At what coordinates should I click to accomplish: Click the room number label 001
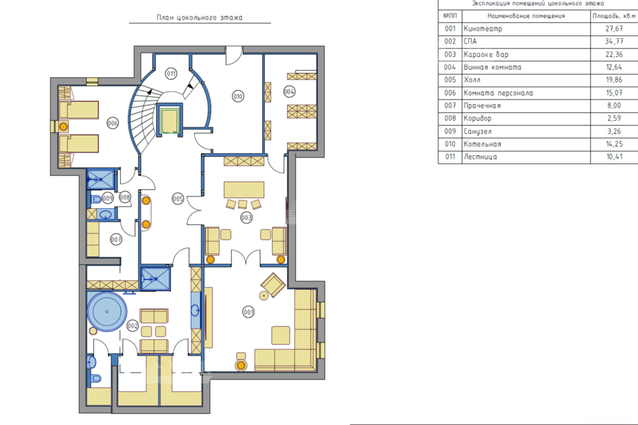248,312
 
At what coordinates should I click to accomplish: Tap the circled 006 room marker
112,123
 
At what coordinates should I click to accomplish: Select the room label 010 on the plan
237,96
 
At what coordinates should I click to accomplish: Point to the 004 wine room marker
289,92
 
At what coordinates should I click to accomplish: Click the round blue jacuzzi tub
107,311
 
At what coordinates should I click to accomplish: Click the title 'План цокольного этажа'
199,17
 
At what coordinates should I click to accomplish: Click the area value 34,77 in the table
614,41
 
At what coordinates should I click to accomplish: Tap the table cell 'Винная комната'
493,67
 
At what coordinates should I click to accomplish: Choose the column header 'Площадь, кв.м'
614,16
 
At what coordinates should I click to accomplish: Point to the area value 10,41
614,157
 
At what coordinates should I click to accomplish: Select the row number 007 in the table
450,105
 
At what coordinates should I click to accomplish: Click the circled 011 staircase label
171,73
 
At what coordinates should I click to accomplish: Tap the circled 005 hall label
178,198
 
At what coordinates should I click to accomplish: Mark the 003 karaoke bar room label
246,218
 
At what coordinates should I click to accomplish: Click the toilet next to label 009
96,199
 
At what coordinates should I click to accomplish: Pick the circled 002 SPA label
133,326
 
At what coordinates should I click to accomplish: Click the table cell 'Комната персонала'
498,93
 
